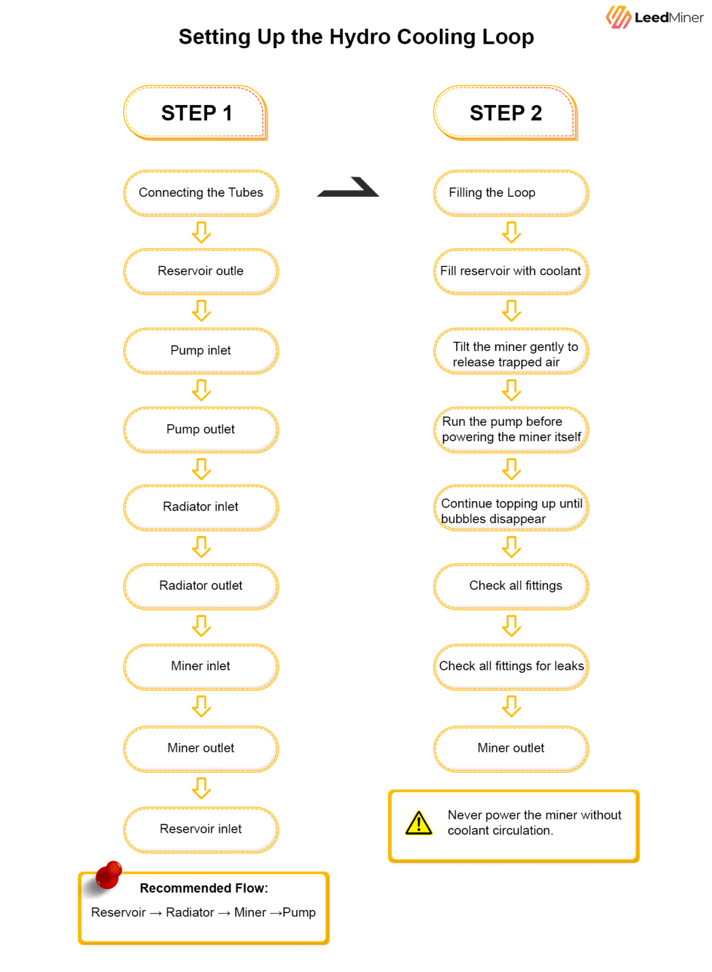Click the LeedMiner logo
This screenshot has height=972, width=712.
pos(654,17)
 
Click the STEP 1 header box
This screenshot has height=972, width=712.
pos(196,113)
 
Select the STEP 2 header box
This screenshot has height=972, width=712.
pos(506,113)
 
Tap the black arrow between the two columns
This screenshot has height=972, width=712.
pos(348,187)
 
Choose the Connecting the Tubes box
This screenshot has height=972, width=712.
pos(201,192)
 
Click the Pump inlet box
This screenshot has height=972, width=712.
pos(201,351)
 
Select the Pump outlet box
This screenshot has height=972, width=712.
pos(201,430)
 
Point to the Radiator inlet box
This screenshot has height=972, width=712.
pos(201,508)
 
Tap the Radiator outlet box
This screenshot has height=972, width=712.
pos(201,586)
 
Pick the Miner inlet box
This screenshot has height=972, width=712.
pos(201,666)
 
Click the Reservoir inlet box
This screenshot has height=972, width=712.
pos(201,830)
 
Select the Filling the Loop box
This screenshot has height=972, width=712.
pos(511,192)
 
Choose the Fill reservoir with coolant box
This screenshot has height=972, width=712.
pos(511,271)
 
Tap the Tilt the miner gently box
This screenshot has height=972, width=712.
pos(511,351)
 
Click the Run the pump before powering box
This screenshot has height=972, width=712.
pos(511,430)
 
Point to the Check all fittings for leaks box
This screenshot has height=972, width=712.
pos(511,666)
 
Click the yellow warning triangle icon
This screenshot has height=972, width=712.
pos(418,823)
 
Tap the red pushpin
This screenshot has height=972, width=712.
pos(107,876)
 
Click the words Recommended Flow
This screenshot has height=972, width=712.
pos(204,888)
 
